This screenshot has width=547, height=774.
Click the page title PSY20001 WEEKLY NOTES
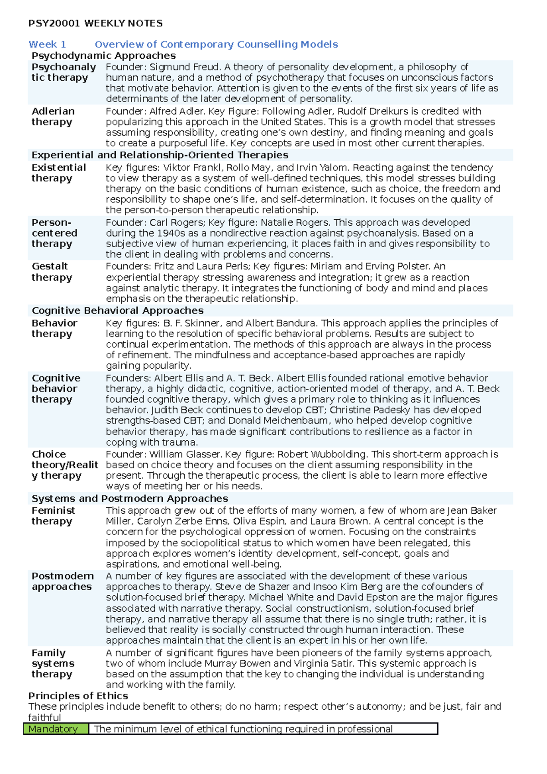coord(95,23)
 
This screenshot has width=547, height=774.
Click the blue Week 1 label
coord(47,44)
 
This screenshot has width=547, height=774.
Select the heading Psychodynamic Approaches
coord(103,56)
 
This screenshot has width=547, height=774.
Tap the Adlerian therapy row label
coord(52,117)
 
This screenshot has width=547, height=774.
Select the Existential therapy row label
coord(58,173)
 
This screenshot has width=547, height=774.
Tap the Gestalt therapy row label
coord(52,272)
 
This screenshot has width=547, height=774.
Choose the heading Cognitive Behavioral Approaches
coord(118,310)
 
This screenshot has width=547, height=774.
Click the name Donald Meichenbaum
coord(278,421)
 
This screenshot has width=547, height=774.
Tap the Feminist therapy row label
coord(53,516)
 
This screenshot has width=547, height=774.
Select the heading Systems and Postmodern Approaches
coord(130,499)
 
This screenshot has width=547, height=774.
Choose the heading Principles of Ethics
coord(78,696)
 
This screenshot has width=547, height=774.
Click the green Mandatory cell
coord(56,729)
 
